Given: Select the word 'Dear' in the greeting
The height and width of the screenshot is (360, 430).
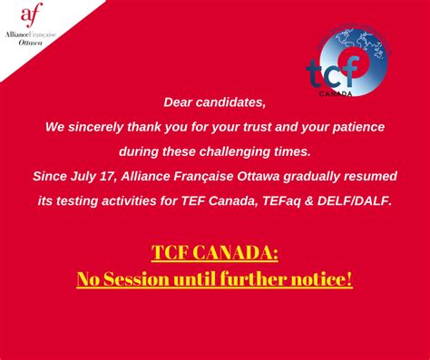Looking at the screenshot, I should (180, 102).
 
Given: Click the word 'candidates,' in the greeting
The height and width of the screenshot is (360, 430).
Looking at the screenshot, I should (232, 102).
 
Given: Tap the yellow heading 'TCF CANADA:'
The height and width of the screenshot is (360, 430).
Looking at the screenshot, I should (215, 251).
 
